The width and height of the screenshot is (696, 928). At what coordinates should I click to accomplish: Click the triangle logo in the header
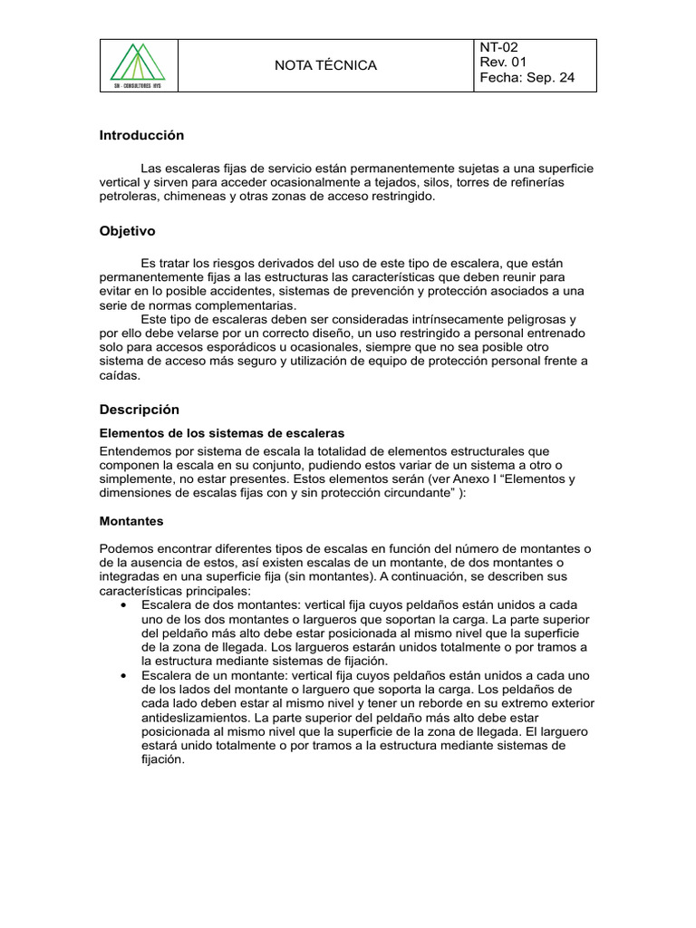pyautogui.click(x=138, y=64)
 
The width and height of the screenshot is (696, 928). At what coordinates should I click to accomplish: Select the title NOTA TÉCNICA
pyautogui.click(x=325, y=65)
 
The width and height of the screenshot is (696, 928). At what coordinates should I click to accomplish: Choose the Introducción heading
pyautogui.click(x=141, y=135)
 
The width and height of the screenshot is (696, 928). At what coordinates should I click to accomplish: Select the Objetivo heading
pyautogui.click(x=127, y=231)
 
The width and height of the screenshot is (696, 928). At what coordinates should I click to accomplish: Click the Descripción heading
pyautogui.click(x=140, y=409)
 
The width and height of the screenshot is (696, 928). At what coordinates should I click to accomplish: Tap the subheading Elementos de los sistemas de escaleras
pyautogui.click(x=221, y=432)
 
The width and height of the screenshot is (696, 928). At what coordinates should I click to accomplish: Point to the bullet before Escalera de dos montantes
pyautogui.click(x=122, y=604)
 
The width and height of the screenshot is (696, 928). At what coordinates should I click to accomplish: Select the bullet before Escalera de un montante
pyautogui.click(x=122, y=675)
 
